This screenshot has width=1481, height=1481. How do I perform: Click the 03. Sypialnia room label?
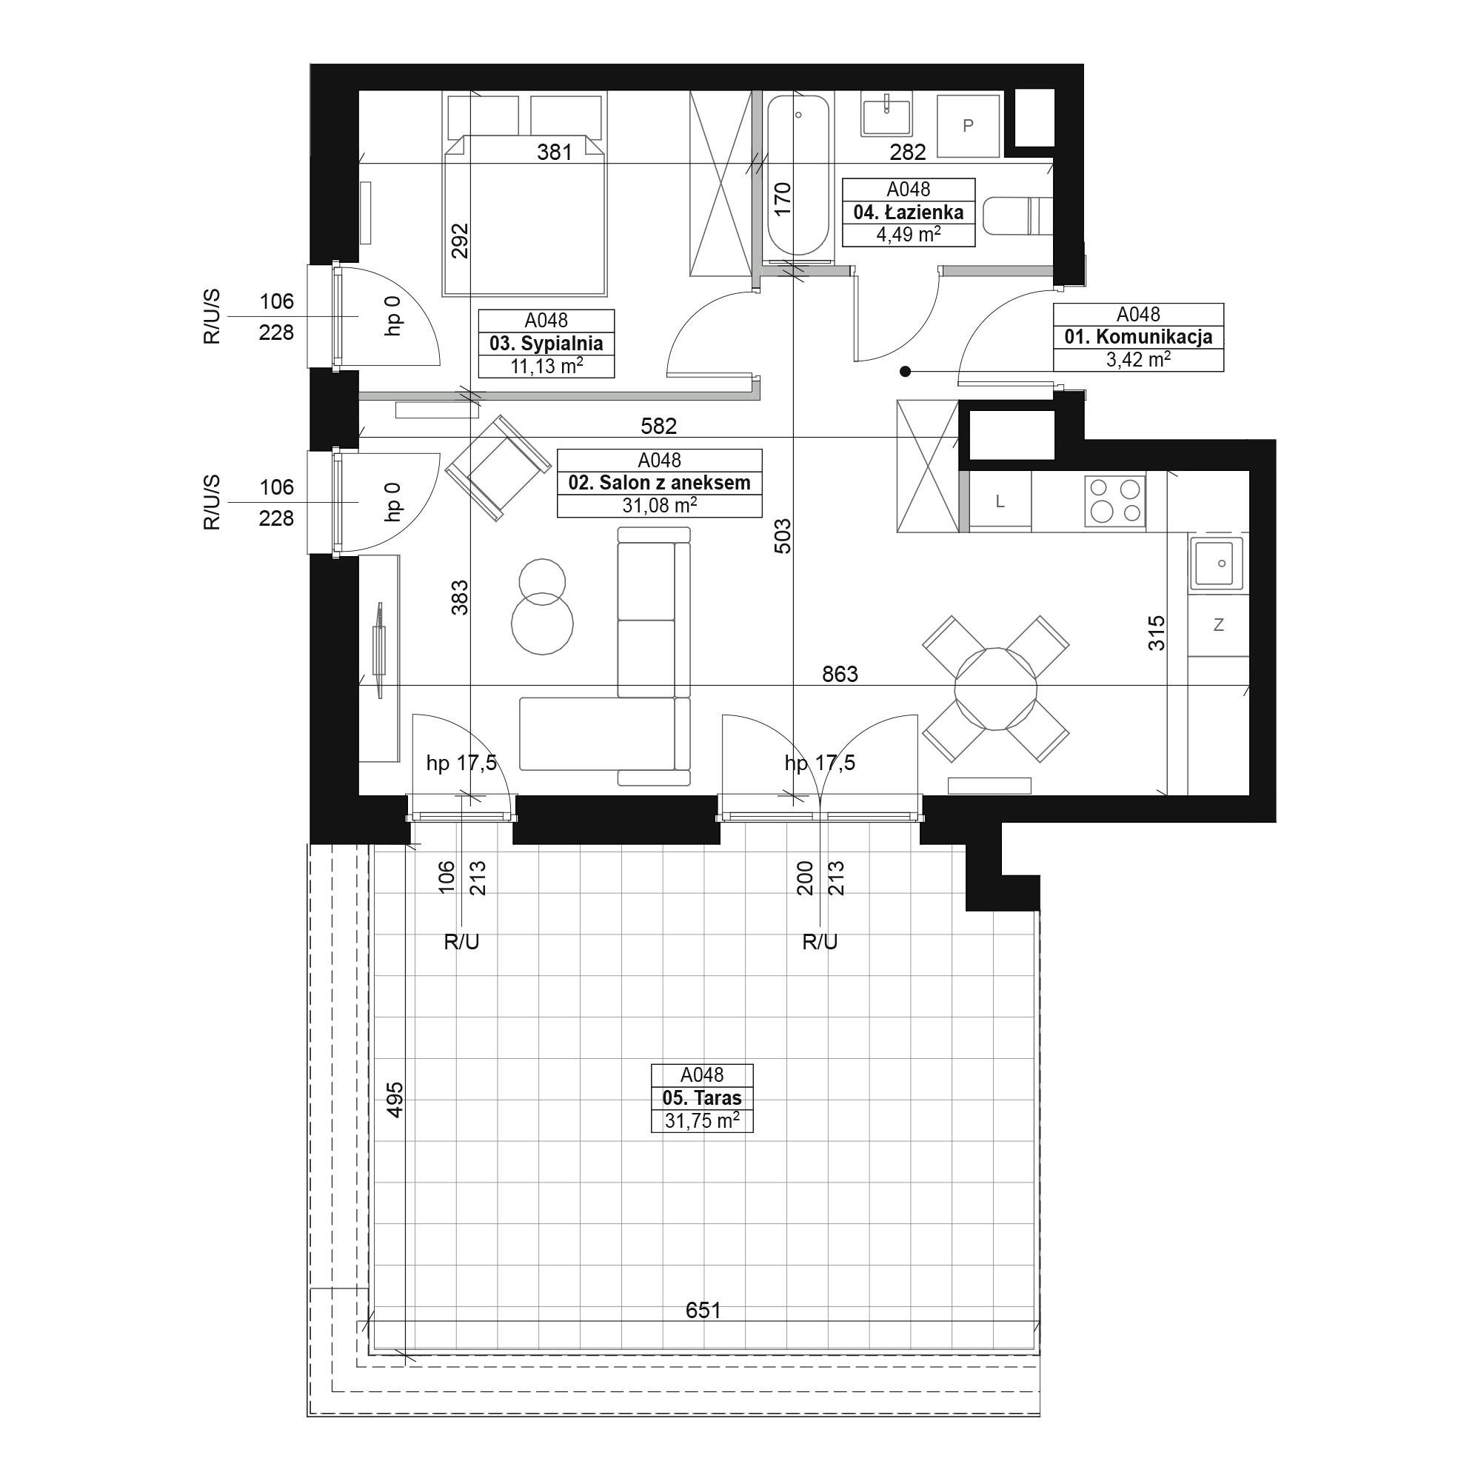546,344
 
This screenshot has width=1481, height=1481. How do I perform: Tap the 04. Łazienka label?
909,213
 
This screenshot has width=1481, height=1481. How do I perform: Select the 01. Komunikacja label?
1138,336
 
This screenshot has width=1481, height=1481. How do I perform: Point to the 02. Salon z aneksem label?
659,483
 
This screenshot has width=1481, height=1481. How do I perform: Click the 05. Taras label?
702,1097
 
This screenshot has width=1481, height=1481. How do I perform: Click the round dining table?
996,689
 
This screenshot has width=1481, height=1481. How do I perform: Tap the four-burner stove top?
1114,501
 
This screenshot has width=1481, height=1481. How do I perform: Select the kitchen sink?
1216,564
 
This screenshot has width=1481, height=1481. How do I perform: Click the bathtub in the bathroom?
799,175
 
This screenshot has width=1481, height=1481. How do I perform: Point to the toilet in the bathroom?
1018,215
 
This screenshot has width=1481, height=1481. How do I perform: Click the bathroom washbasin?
887,113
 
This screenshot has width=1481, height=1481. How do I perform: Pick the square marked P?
968,126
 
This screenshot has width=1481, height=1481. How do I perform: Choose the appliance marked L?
1000,501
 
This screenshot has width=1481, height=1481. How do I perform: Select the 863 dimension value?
840,675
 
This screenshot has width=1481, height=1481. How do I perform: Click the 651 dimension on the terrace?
703,1310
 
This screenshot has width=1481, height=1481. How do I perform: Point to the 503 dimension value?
782,536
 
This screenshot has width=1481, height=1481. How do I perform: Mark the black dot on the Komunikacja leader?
906,372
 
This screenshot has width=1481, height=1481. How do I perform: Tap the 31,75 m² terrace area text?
702,1120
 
